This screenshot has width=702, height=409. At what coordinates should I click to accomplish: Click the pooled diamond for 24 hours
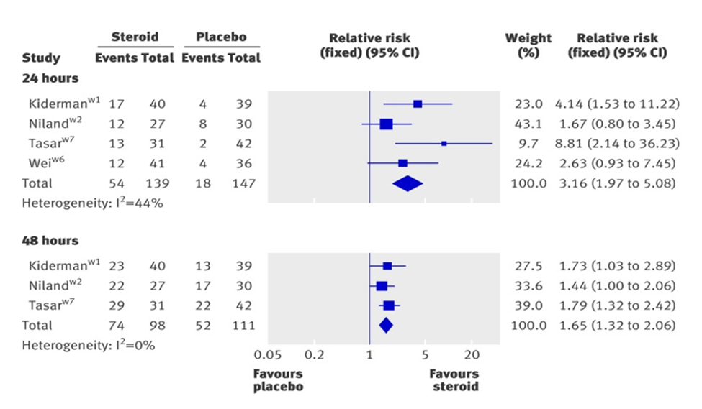pos(408,183)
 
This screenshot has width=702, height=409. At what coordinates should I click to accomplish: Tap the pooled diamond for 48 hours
pos(386,326)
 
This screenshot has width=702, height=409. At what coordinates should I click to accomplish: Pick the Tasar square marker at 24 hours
pos(444,144)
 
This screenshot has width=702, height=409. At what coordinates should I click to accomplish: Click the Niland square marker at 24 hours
pos(386,124)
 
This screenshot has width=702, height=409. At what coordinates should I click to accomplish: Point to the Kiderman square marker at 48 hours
pos(387,266)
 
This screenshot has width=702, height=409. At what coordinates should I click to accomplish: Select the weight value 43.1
pos(528,124)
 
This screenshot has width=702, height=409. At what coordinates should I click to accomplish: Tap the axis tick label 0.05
pos(267,354)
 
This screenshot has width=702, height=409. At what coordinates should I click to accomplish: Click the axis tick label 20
pos(472,354)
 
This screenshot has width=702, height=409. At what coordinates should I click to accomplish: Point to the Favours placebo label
pos(278,380)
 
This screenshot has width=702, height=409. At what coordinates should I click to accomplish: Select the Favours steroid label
pos(454,380)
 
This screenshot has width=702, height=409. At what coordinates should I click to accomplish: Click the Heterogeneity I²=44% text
pos(93,203)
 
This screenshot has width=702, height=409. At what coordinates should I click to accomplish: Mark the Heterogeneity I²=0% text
pos(89,345)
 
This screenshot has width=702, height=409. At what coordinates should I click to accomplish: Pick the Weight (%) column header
pos(528,45)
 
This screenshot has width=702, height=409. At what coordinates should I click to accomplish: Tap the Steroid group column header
pos(134,37)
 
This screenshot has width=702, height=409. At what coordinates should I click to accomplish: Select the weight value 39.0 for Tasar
pos(528,305)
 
